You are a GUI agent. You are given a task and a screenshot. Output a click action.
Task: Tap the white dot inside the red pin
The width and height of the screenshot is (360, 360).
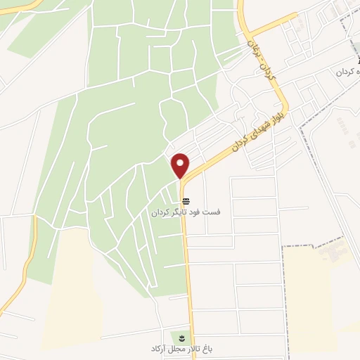pyautogui.click(x=181, y=163)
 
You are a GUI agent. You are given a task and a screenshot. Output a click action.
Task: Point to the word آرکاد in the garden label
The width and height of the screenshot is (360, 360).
pyautogui.click(x=161, y=349)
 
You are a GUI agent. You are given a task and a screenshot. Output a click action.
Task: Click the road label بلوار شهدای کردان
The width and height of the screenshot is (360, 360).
pyautogui.click(x=250, y=133)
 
